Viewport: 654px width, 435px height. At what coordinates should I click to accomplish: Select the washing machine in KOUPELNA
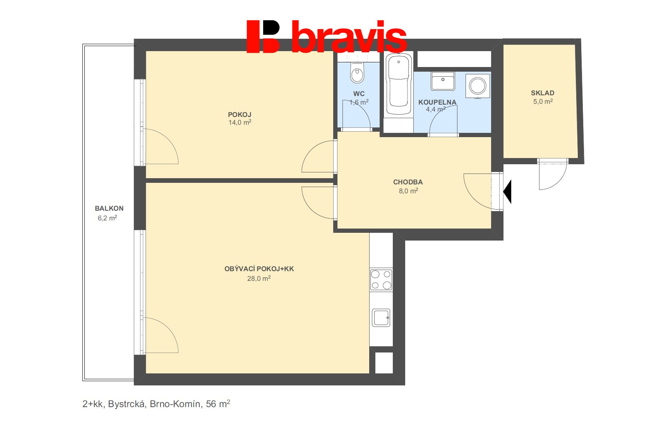[x=478, y=86]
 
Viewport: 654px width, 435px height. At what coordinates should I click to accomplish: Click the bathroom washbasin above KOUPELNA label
[x=443, y=81]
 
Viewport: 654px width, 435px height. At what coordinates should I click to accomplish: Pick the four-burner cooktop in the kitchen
[x=381, y=280]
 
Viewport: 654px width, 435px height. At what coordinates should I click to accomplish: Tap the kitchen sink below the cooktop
[x=381, y=318]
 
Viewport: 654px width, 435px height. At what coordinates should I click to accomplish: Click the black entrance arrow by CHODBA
[x=507, y=191]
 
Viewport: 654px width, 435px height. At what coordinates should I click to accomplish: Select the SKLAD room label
[x=542, y=93]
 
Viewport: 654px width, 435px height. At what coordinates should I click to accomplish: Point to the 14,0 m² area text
[x=240, y=122]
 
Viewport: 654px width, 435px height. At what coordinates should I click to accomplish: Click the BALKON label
[x=109, y=208]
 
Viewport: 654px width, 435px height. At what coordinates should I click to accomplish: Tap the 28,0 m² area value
[x=259, y=278]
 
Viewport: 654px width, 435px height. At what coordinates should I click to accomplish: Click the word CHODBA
[x=407, y=182]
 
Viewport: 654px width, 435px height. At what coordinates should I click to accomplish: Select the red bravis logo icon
[x=263, y=36]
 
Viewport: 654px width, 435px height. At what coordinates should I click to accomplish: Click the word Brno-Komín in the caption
[x=175, y=404]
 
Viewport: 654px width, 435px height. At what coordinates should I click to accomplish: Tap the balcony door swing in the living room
[x=161, y=335]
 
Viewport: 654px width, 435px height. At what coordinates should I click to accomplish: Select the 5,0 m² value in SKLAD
[x=543, y=101]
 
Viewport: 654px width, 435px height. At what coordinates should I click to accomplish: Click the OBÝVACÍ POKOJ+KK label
[x=259, y=269]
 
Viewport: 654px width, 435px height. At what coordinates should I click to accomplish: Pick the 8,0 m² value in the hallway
[x=408, y=191]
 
